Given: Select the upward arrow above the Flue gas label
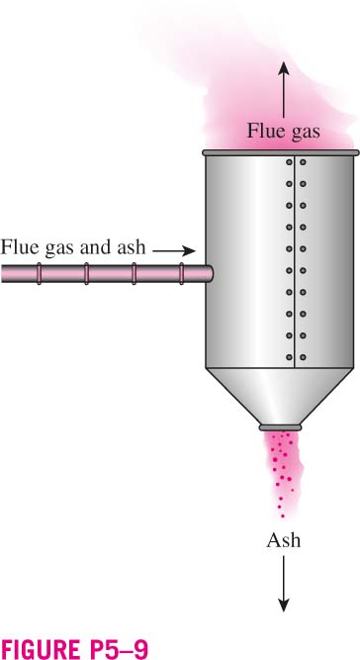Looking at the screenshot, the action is click(283, 90).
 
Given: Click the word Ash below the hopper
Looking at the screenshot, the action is click(284, 540).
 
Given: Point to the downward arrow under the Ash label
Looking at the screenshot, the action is click(284, 584).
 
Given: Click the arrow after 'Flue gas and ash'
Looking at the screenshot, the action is click(174, 251).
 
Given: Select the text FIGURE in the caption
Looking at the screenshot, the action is click(37, 649).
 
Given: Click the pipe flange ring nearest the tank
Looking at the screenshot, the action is click(182, 273).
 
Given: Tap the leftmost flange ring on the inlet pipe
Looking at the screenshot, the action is click(39, 273).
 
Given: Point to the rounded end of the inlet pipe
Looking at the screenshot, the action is click(211, 273).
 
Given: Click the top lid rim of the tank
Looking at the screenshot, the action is click(281, 152).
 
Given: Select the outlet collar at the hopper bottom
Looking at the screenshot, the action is click(280, 427).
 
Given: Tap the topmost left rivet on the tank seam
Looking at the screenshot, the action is click(289, 162).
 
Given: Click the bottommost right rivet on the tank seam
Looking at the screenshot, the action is click(303, 357).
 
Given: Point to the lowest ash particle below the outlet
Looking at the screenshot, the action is click(283, 516).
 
